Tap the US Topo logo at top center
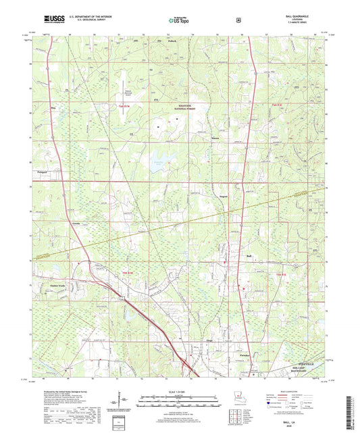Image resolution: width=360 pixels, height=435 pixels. coord(180,21)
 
